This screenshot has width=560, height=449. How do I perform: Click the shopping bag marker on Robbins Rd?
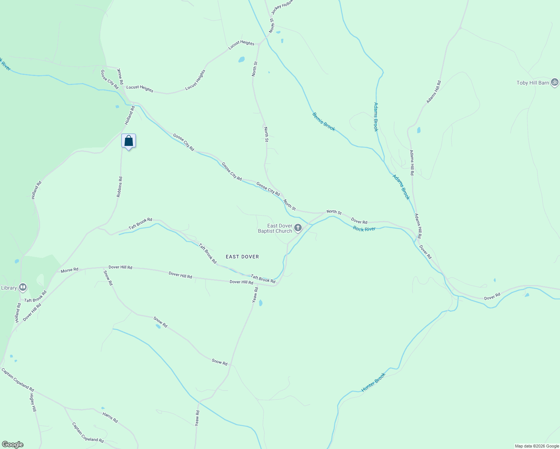[x=128, y=141]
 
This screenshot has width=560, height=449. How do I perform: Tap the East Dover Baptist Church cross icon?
[x=298, y=227]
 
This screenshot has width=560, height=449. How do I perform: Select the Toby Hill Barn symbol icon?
[x=555, y=82]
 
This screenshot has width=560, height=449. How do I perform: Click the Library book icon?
[x=22, y=287]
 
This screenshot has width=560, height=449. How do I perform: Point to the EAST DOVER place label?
[x=242, y=257]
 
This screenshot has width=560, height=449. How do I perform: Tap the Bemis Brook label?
[x=324, y=122]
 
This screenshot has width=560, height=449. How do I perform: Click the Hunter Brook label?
[x=373, y=382]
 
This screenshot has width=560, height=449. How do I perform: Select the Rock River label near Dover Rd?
[x=364, y=229]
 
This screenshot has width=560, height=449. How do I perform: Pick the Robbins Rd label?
[x=119, y=187]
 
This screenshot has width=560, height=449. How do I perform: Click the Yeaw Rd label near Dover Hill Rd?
[x=255, y=295]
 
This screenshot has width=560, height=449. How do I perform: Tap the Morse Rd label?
[x=69, y=270]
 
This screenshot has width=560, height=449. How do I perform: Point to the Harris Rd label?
[x=110, y=418]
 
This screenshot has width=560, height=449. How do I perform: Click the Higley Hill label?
[x=33, y=403]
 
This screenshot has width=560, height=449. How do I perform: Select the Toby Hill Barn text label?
[x=533, y=83]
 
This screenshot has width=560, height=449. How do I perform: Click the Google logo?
[x=12, y=445]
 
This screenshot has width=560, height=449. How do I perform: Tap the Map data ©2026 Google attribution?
[x=536, y=446]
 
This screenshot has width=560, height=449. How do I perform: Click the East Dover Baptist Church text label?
[x=275, y=228]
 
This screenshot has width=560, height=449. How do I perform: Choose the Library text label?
[x=9, y=288]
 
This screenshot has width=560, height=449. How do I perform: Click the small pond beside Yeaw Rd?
[x=261, y=303]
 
